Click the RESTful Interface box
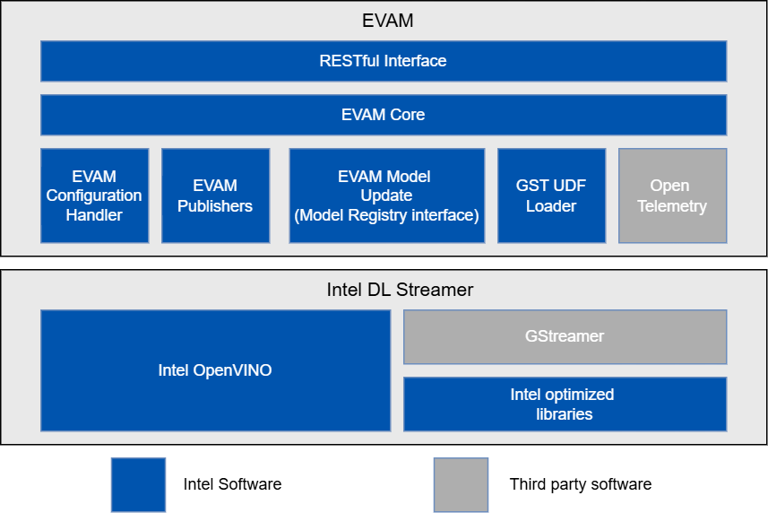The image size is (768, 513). pos(383,61)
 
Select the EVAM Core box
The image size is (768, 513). pos(383,115)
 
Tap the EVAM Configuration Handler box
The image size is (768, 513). pos(94,196)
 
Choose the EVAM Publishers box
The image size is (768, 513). pos(215,196)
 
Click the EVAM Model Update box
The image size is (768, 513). pos(386,196)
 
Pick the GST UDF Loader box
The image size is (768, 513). pos(551,196)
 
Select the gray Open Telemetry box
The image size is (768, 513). pos(672,196)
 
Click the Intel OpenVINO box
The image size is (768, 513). pos(215,370)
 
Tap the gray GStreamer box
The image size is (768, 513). pos(565,336)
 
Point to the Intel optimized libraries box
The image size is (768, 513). pos(565,404)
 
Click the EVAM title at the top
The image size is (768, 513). pos(384,20)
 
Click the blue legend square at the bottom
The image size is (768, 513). pos(138,485)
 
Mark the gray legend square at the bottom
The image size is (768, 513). pos(461,485)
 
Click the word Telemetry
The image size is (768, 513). pos(672,206)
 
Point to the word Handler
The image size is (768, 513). pos(94,215)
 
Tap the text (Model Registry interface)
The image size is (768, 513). pos(386,215)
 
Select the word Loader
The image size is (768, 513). pos(551,206)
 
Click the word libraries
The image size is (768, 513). pos(565,414)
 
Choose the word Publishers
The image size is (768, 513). pos(215,206)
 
